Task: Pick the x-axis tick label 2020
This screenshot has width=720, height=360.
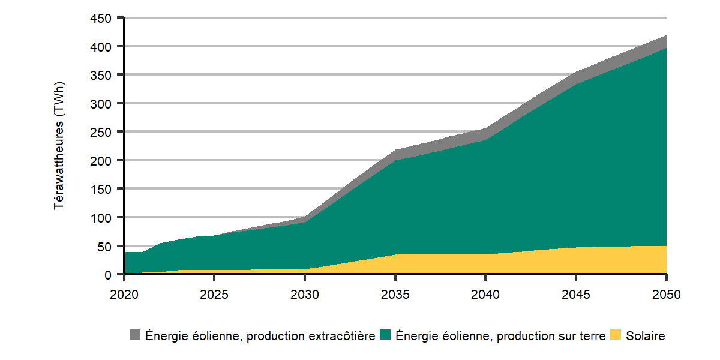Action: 124,295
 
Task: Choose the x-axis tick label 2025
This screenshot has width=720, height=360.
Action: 214,295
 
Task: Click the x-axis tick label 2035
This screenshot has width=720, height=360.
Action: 395,295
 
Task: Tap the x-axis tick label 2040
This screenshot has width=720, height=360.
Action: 485,295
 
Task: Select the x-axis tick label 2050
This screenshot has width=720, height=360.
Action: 666,295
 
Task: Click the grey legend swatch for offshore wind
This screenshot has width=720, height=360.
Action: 135,335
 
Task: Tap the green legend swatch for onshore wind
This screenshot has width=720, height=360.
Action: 386,335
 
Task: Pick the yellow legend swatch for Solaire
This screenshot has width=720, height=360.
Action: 616,335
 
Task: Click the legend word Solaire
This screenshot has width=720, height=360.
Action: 646,336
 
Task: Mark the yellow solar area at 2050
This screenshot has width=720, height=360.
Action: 660,259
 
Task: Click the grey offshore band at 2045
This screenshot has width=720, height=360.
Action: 576,77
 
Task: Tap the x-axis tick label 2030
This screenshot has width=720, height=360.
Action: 305,295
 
